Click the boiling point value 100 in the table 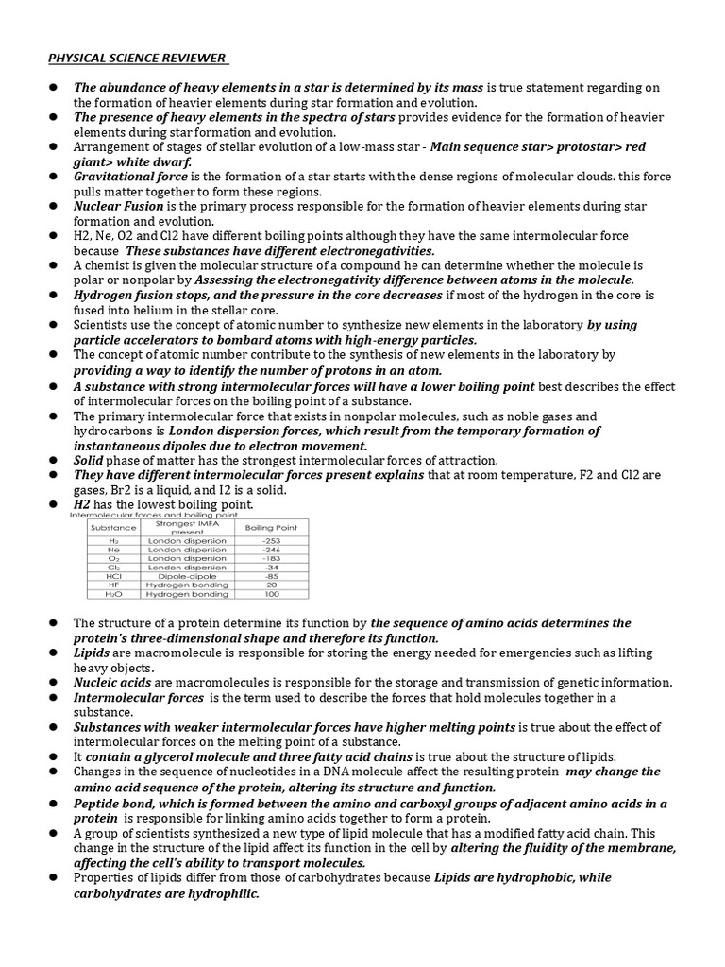pyautogui.click(x=272, y=594)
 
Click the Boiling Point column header pyautogui.click(x=272, y=526)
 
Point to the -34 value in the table pyautogui.click(x=272, y=567)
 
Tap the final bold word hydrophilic pyautogui.click(x=224, y=893)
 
